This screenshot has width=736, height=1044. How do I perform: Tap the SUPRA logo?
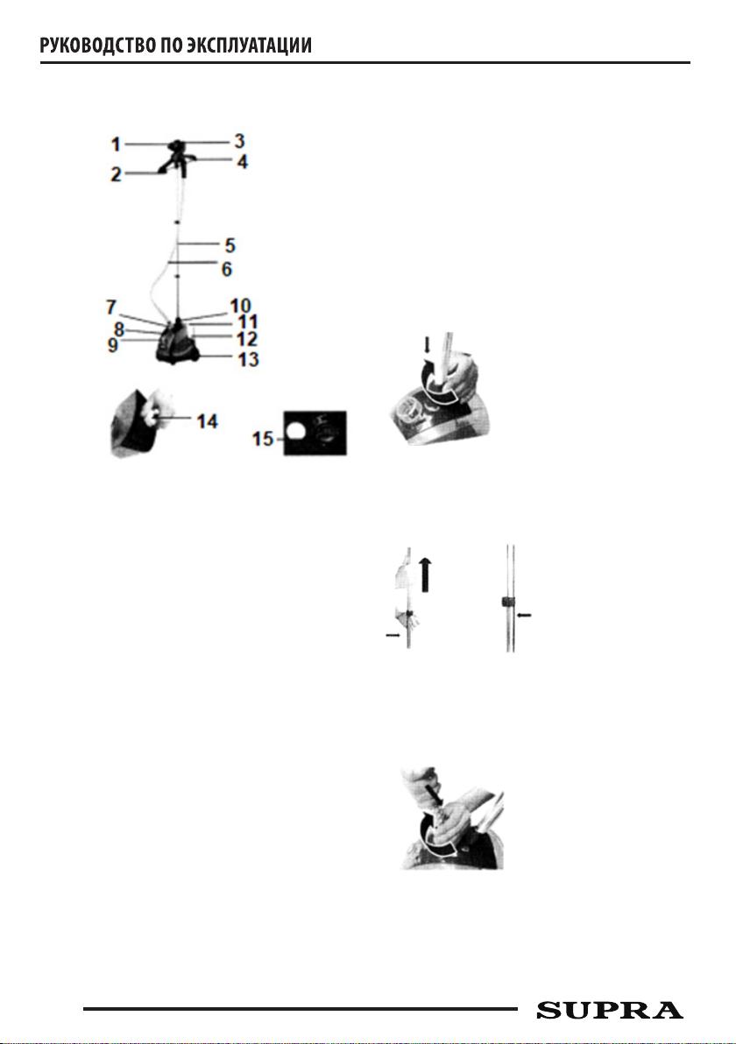coord(610,1010)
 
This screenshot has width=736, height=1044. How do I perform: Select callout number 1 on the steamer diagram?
coord(116,144)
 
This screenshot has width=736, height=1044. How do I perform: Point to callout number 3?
coord(239,141)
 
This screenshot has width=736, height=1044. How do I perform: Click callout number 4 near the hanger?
coord(242,161)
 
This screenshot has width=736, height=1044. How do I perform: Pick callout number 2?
coord(116,174)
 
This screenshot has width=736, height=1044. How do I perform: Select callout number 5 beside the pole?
coord(230,245)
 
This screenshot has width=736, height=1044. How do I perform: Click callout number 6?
coord(226,269)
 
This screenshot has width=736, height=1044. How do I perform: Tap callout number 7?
coord(111,307)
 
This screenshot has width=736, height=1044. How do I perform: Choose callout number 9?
coord(112,346)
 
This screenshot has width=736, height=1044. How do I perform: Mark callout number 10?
coord(240,306)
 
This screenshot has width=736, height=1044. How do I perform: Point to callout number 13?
coord(249,360)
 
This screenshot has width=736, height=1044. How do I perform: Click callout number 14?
coord(207,421)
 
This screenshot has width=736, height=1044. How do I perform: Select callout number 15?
coord(263,439)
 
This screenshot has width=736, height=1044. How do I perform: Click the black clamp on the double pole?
coord(507,603)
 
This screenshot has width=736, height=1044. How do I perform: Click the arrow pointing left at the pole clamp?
coord(524,616)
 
